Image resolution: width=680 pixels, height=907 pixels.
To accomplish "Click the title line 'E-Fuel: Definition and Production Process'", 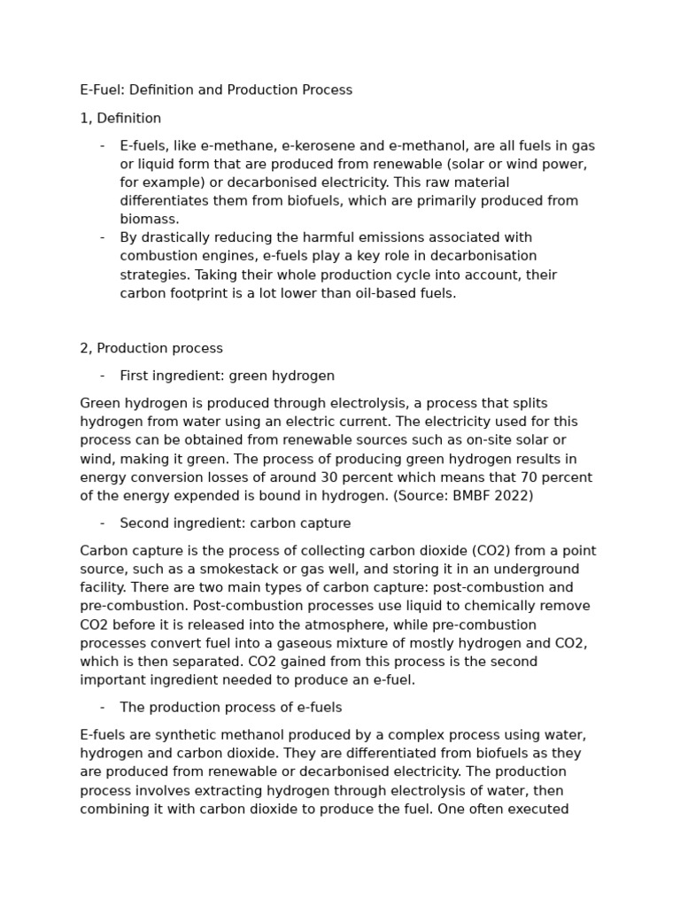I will (216, 90).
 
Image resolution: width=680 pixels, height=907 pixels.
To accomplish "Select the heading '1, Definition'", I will (120, 119).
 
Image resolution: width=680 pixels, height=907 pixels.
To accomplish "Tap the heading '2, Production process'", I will (151, 348).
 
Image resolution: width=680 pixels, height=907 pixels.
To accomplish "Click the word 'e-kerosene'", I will (312, 146).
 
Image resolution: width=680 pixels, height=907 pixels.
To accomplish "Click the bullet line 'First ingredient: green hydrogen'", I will (227, 376).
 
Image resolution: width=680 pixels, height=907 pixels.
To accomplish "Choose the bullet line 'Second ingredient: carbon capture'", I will (235, 523).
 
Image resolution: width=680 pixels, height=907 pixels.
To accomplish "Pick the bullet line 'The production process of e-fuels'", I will (230, 708).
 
